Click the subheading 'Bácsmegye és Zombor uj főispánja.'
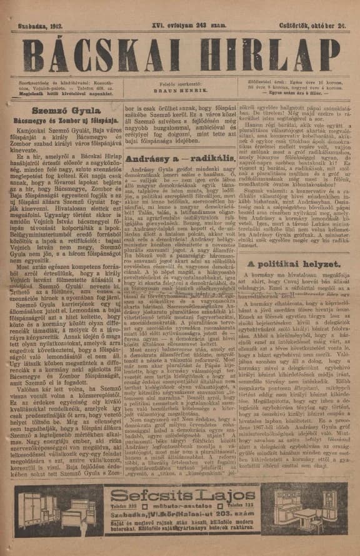point(56,119)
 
